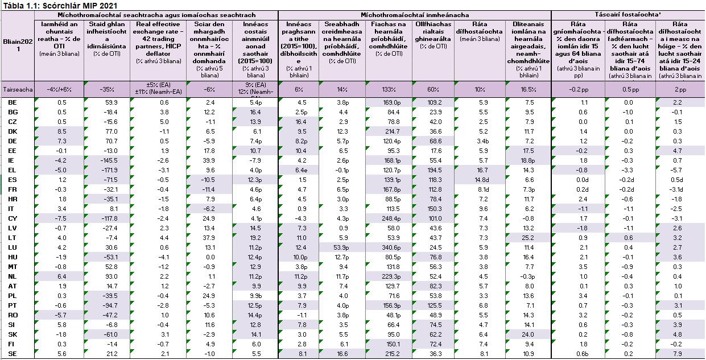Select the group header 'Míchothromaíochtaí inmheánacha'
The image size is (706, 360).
tap(414, 14)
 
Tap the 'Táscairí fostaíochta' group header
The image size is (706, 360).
tap(628, 14)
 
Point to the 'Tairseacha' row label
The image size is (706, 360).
tap(18, 89)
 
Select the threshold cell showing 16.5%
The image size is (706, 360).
tap(528, 89)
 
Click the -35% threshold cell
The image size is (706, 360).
tap(106, 89)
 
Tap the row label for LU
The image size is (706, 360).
tap(13, 247)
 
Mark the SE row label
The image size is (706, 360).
tap(13, 354)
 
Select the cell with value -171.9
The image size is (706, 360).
tap(106, 170)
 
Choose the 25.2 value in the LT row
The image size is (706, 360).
tap(528, 238)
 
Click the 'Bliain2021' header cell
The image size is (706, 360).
tap(18, 45)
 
